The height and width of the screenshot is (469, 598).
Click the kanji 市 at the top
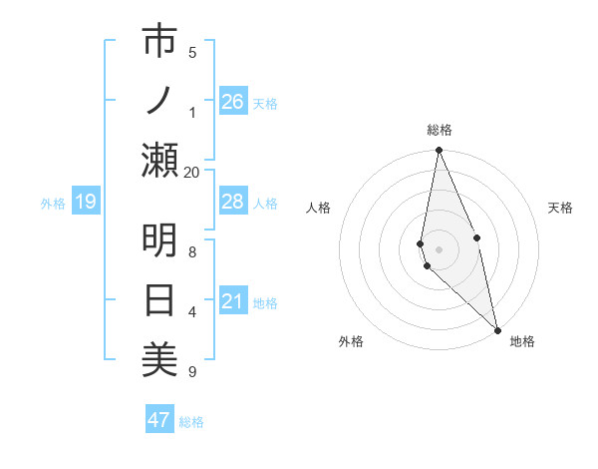coord(159,42)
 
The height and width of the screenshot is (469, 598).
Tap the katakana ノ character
coord(159,101)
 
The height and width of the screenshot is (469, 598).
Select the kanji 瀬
coord(159,160)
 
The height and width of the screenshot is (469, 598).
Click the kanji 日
coord(159,300)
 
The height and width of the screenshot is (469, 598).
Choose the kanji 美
coord(159,359)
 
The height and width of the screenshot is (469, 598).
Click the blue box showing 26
coord(232,102)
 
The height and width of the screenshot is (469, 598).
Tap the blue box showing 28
coord(232,202)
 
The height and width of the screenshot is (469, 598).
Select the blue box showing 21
coord(232,301)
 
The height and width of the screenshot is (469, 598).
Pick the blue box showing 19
coord(86,202)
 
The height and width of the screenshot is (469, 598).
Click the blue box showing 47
coord(159,420)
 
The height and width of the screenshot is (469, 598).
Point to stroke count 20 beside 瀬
coord(192,172)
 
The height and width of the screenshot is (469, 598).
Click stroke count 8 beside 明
coord(192,252)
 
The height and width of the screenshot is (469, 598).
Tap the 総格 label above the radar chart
coord(439,130)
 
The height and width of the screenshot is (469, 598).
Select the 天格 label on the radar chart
coord(560,208)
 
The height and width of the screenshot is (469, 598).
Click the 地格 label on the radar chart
coord(522,341)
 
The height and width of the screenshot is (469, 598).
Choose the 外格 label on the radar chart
coord(351,341)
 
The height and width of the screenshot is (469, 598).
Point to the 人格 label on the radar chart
coord(318,208)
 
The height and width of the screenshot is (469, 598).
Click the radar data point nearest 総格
coord(439,152)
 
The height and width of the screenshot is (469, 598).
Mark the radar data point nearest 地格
coord(497,329)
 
